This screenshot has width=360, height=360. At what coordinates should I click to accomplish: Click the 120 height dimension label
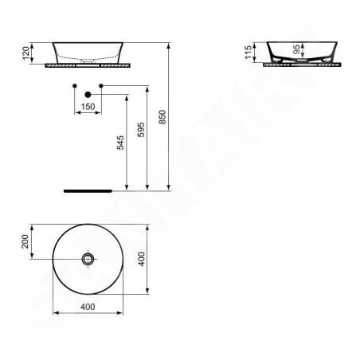point(25,53)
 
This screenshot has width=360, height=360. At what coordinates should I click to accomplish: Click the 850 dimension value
point(162,117)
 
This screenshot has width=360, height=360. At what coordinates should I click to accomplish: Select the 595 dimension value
point(141,130)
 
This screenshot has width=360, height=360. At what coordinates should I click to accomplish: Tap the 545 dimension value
point(120,143)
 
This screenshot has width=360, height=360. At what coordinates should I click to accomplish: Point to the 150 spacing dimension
point(88,107)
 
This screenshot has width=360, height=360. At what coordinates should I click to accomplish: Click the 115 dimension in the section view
point(248,53)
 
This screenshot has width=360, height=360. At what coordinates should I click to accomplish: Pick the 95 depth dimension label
point(296,49)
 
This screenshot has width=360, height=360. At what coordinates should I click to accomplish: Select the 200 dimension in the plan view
point(25,241)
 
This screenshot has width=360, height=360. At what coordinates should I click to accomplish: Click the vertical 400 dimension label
point(142,259)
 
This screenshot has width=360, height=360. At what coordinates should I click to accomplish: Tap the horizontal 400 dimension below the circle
point(88,307)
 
